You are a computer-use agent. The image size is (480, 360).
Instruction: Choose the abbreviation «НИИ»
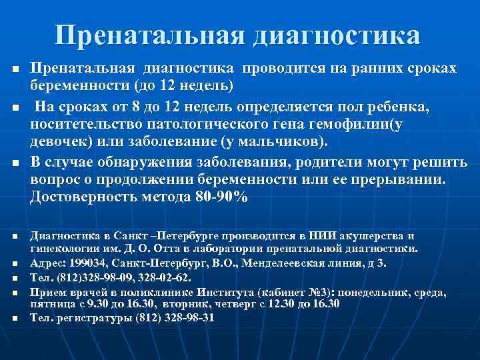click(323, 236)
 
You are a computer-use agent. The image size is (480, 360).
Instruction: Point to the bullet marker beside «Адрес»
click(14, 264)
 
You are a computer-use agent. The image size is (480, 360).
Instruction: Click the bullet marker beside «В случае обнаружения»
click(14, 164)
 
